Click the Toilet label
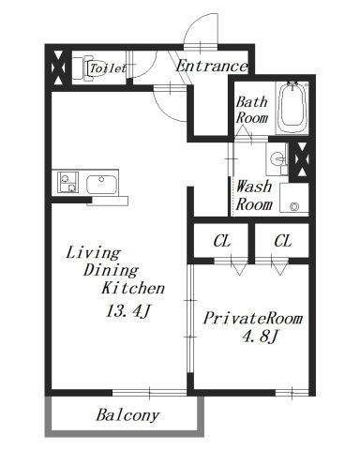[x=108, y=67]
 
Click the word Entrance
[x=212, y=67]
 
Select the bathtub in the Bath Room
[x=292, y=107]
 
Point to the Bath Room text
[x=252, y=110]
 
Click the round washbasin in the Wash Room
[x=277, y=158]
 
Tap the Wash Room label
[x=254, y=195]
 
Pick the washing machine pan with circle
[x=294, y=199]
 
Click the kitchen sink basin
[x=101, y=185]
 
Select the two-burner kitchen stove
[x=67, y=182]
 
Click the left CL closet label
[x=222, y=241]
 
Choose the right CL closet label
[x=283, y=241]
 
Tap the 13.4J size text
[x=128, y=311]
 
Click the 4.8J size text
[x=261, y=337]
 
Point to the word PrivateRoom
[x=253, y=319]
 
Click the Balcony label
[x=127, y=415]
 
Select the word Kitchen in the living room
[x=133, y=288]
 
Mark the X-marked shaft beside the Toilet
[x=58, y=67]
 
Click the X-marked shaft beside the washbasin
[x=302, y=159]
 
